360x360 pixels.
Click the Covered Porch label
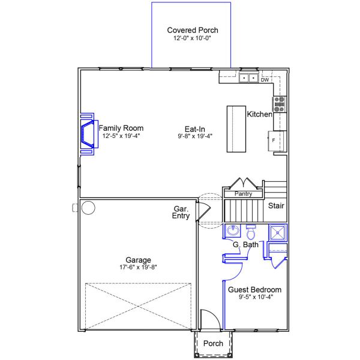point(192,30)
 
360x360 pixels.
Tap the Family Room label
point(121,128)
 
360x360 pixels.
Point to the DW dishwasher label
point(265,79)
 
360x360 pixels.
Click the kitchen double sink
point(248,78)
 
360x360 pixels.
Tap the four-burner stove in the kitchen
point(280,104)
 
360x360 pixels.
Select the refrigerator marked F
point(276,140)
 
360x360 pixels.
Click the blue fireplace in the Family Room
point(88,133)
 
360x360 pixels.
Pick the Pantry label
point(243,194)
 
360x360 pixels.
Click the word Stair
point(276,206)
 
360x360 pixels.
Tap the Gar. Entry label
point(181,212)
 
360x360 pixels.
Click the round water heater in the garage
point(88,208)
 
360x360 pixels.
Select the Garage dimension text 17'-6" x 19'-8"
point(138,268)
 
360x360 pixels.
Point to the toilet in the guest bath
point(251,231)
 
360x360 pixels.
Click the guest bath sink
point(233,232)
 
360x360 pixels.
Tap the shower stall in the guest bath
point(278,232)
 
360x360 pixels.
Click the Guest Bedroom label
point(254,290)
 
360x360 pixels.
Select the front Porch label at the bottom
point(213,344)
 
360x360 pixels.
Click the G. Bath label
point(245,244)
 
